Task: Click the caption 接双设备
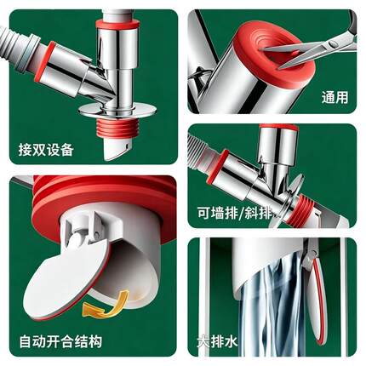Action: (46, 149)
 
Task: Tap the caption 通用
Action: (335, 98)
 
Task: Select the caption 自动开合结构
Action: (60, 341)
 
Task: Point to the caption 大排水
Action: (218, 341)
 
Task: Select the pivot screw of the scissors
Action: (331, 44)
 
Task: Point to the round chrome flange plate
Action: (117, 111)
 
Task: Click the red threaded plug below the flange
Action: (117, 129)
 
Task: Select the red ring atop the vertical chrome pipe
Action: (117, 25)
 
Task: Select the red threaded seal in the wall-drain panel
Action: (300, 211)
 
